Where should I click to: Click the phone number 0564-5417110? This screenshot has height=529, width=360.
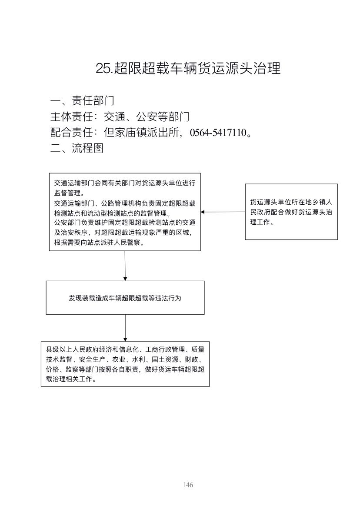[218, 133]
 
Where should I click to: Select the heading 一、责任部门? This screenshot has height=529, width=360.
[82, 100]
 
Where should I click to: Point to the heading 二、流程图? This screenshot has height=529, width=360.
[77, 148]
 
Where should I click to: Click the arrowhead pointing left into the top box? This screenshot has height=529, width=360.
[203, 212]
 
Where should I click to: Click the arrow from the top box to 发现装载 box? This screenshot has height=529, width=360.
[125, 266]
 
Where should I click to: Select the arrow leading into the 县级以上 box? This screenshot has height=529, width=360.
[125, 328]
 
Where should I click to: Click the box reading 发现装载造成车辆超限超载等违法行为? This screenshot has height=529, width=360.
[125, 298]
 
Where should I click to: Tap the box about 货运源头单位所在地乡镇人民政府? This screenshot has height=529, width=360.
[291, 212]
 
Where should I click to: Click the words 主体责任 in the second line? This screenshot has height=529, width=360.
[71, 116]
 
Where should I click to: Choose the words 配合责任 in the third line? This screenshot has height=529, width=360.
[71, 133]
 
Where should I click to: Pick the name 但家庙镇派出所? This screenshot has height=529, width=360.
[141, 133]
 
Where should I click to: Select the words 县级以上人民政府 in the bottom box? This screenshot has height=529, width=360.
[72, 349]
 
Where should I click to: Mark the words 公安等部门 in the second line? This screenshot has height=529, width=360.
[163, 116]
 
